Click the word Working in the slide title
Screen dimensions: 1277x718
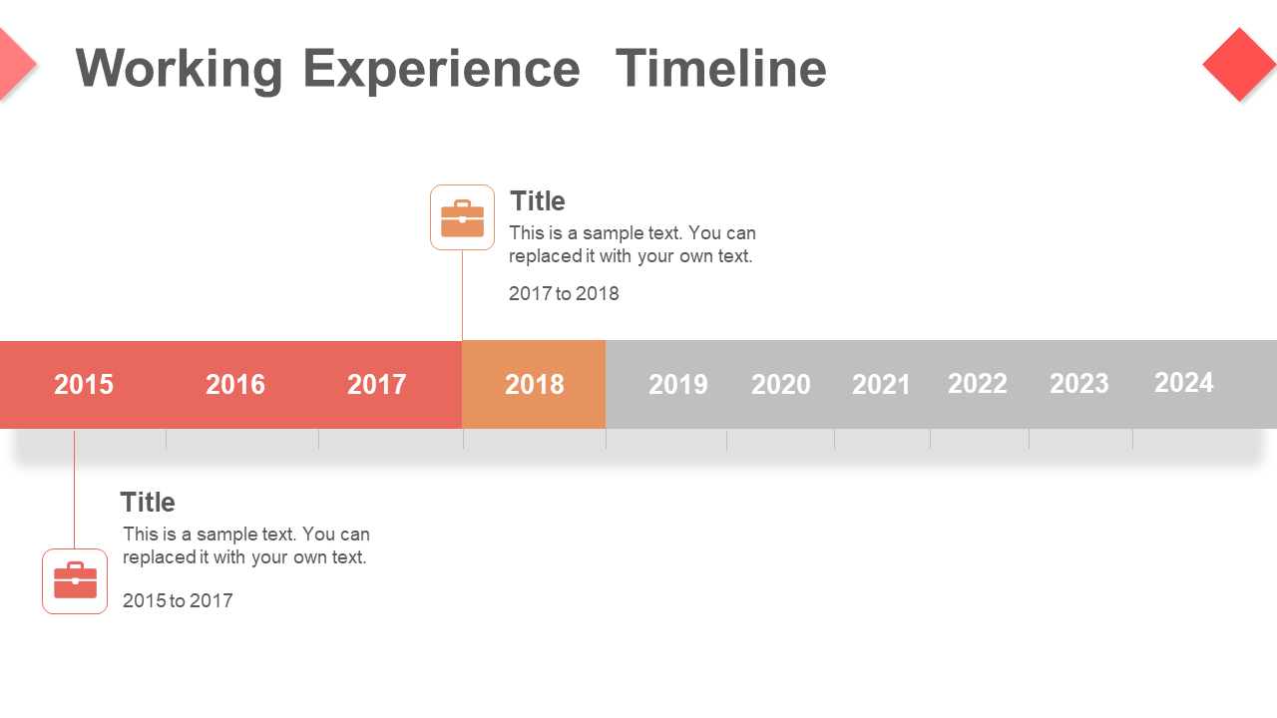[179, 70]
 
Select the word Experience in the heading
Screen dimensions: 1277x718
[441, 70]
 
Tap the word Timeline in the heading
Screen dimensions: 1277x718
[721, 68]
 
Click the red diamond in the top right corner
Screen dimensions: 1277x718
[1239, 65]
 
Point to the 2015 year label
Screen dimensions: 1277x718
[84, 385]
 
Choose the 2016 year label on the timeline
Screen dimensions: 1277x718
[235, 385]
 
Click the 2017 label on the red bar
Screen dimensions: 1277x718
[377, 385]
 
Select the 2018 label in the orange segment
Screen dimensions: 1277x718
[535, 385]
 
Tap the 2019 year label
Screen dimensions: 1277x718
[678, 385]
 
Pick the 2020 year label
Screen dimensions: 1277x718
[781, 385]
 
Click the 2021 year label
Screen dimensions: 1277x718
[881, 385]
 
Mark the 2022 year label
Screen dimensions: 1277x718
[978, 384]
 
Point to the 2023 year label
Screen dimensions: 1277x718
[1079, 384]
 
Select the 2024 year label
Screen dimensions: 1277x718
[1184, 382]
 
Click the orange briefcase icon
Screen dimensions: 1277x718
[462, 218]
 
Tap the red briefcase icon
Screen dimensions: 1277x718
[75, 580]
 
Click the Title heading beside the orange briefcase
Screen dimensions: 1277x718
[538, 201]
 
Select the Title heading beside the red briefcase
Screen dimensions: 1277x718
[148, 502]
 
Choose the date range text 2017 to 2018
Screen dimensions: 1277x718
[564, 293]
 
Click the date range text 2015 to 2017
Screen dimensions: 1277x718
[178, 600]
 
